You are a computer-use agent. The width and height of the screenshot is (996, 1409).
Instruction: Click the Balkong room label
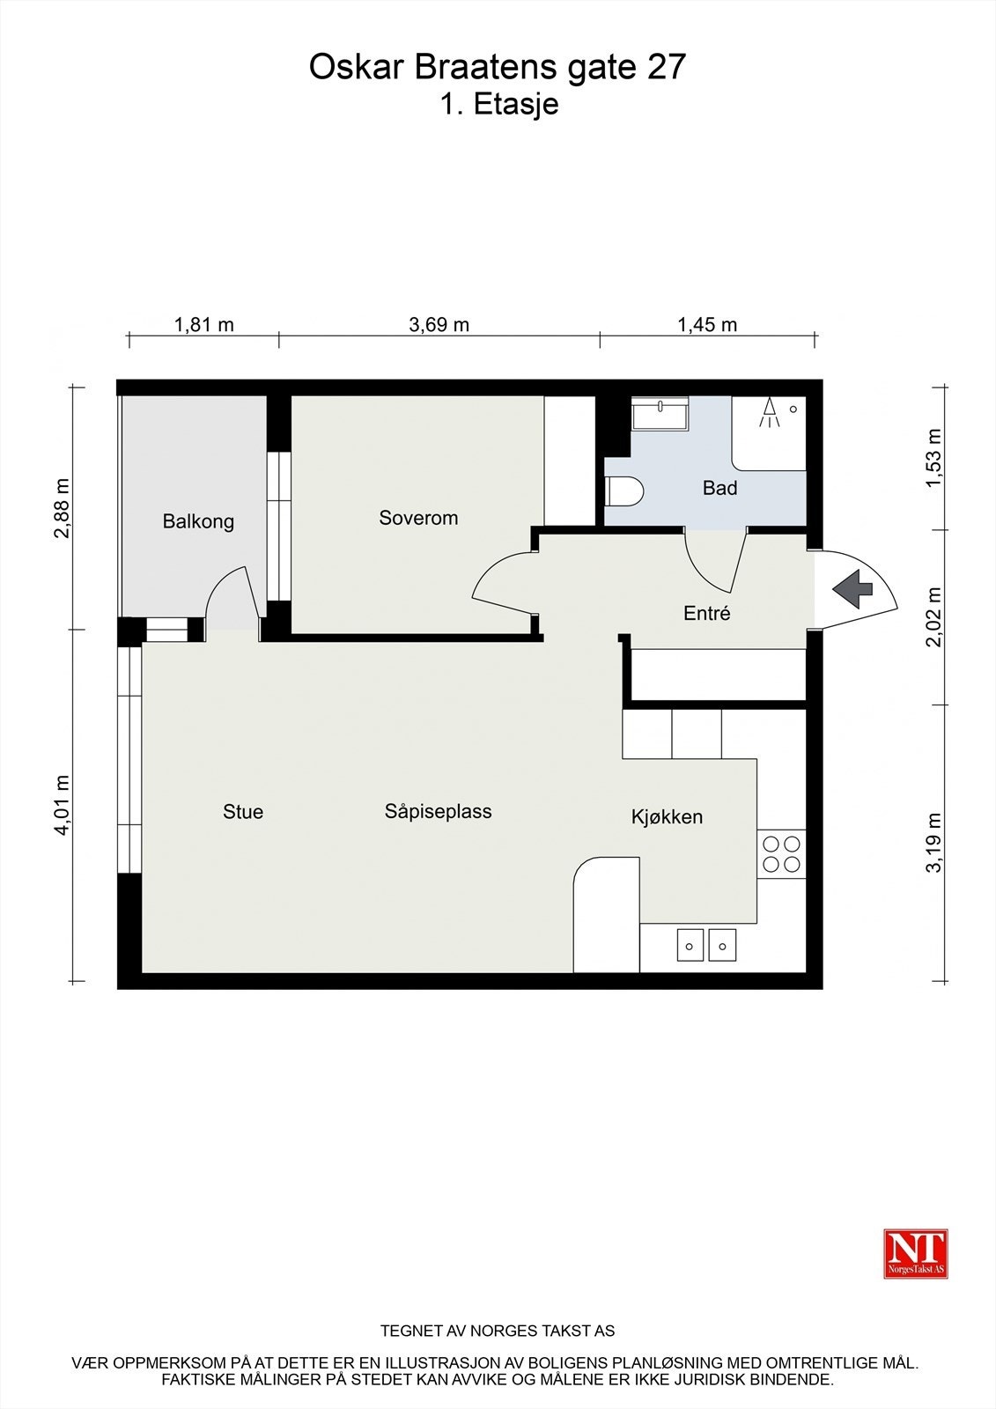click(x=198, y=521)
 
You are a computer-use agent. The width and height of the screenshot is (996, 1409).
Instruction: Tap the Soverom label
click(x=418, y=518)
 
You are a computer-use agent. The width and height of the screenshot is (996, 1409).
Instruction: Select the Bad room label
click(x=719, y=488)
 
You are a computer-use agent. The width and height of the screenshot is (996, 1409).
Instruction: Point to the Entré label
click(x=706, y=613)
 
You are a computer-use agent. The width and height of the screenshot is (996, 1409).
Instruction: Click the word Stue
click(x=243, y=811)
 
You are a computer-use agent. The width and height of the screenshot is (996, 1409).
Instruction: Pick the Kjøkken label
click(x=667, y=817)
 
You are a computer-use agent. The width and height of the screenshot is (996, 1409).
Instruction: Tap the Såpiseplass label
click(x=438, y=811)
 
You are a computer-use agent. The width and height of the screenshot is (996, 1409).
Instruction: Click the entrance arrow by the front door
click(x=853, y=589)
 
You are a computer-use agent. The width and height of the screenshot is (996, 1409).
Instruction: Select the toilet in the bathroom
click(x=623, y=491)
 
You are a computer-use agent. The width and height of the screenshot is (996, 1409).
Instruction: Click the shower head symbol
click(x=768, y=413)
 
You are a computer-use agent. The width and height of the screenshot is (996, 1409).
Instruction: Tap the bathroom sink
click(x=660, y=413)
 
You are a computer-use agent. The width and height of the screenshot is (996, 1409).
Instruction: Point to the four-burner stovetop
click(x=781, y=853)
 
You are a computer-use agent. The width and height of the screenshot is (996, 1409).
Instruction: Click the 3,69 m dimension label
click(x=439, y=325)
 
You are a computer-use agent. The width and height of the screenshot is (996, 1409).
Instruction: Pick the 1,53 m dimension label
click(x=933, y=457)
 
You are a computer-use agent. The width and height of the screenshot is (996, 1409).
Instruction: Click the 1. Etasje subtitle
click(x=499, y=105)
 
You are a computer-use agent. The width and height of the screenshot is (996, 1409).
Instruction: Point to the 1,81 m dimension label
click(x=203, y=325)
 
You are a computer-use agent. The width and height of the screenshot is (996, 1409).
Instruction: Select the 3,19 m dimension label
click(x=933, y=842)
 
